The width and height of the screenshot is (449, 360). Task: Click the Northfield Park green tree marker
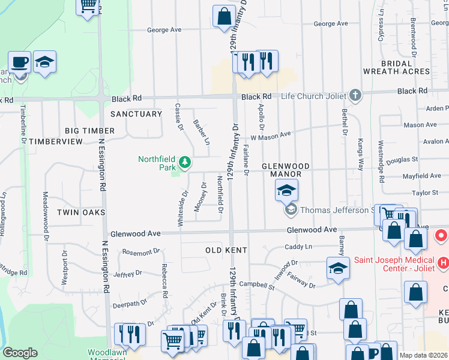(185, 161)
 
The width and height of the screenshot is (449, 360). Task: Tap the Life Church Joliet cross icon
(355, 95)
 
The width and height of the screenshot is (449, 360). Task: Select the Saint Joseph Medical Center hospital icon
(444, 262)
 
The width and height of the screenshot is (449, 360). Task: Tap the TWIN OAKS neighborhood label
(81, 212)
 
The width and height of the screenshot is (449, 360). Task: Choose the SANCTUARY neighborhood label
(136, 114)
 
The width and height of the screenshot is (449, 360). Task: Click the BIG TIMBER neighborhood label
(90, 130)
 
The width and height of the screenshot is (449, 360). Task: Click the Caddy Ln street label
(298, 246)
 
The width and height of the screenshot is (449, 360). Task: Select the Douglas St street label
(406, 160)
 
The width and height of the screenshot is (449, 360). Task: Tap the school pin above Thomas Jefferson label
(287, 191)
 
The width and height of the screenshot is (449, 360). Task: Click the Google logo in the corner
(20, 353)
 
